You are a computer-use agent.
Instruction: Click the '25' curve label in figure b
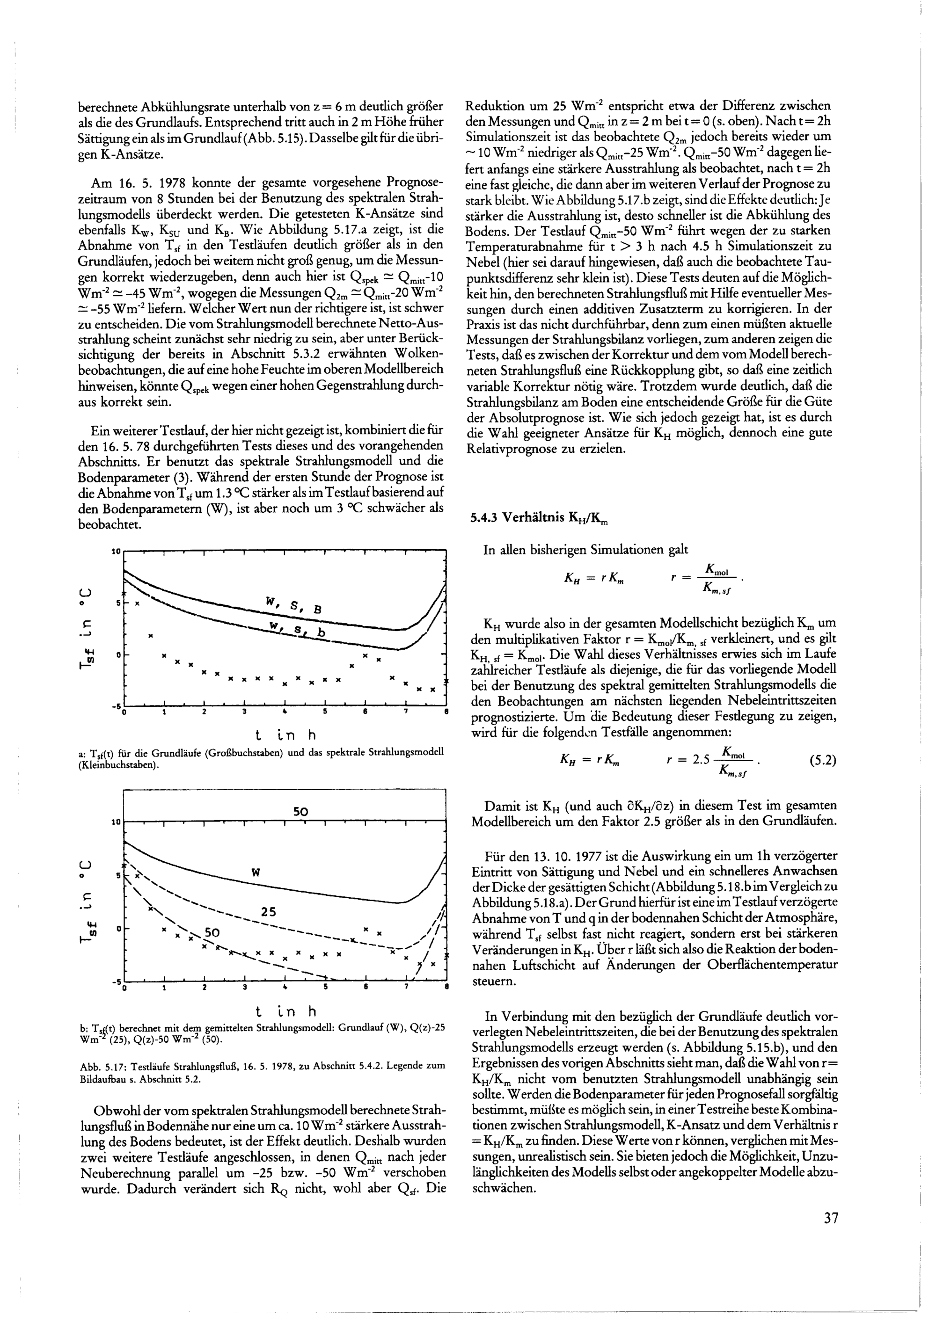coord(269,912)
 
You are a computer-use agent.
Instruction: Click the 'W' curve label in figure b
coord(256,872)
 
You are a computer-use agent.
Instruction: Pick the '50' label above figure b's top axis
coord(301,812)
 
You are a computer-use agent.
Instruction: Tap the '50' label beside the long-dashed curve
coord(212,933)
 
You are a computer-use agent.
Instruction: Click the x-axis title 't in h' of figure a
coord(286,735)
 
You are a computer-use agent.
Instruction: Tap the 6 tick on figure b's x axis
coord(366,988)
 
